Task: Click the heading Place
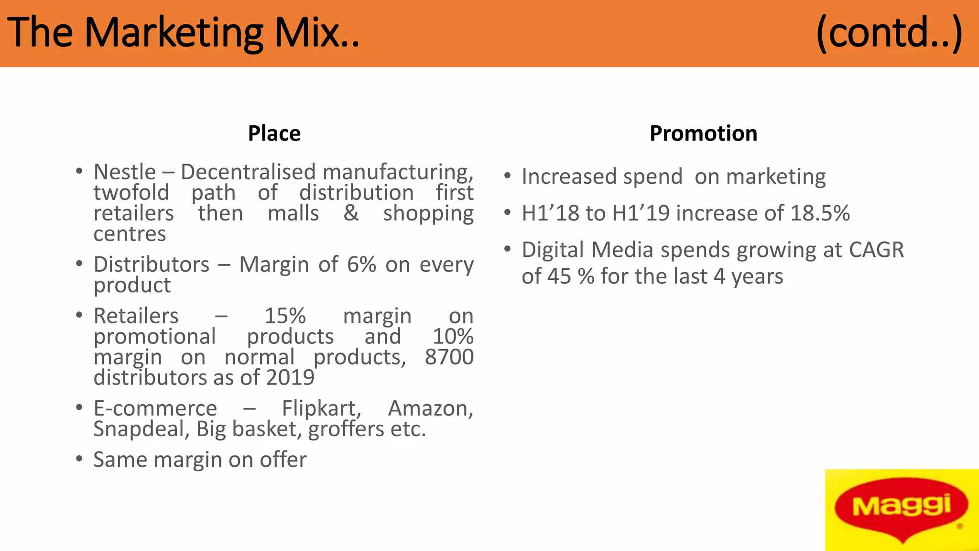coord(274,133)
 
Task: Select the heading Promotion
coord(703,133)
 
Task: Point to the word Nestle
coord(125,172)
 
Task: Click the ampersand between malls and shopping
coord(351,213)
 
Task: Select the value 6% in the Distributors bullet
coord(361,264)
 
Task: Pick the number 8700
coord(449,357)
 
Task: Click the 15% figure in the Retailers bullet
coord(285,316)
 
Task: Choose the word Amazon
coord(430,408)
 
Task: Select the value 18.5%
coord(820,213)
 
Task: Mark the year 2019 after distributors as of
coord(290,378)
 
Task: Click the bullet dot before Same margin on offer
coord(79,459)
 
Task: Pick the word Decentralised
coord(248,172)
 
